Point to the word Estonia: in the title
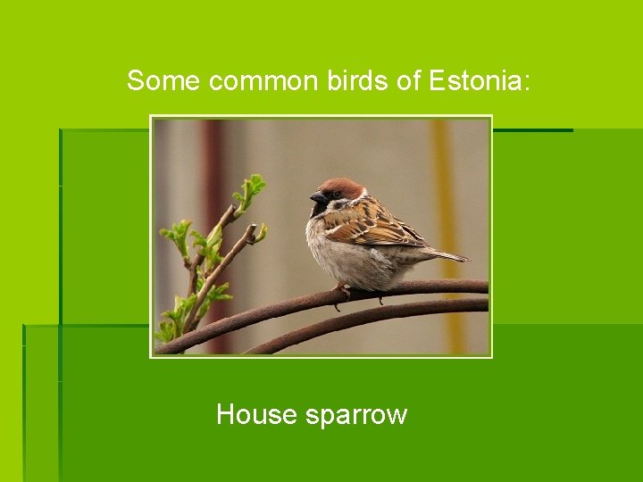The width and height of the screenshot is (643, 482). (x=480, y=81)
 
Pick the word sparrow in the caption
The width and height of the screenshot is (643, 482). (x=356, y=415)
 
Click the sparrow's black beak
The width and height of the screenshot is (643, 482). (x=318, y=197)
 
